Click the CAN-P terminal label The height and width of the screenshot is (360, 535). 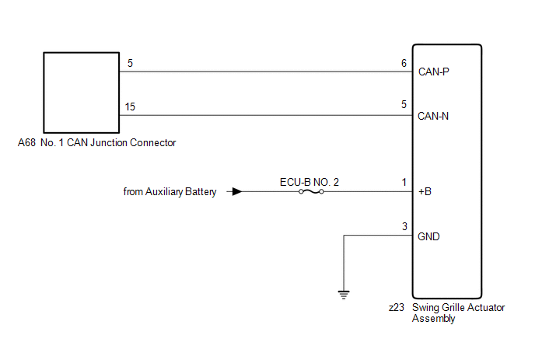coord(433,72)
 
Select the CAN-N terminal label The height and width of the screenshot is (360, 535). coord(433,117)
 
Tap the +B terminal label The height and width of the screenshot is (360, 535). coord(425,190)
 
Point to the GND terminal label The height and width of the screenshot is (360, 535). coord(428,236)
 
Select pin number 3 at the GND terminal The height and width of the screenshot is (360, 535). coord(404,227)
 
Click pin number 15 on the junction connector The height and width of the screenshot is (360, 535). coord(131,107)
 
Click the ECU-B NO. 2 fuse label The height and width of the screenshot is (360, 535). coord(309,182)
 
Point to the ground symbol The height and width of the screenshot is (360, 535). coord(344,294)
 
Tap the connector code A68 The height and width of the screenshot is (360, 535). coord(26,143)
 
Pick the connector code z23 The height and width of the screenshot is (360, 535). coord(397,308)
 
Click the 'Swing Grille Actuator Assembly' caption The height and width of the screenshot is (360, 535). coord(459,313)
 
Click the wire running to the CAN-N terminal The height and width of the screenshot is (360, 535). coord(264,117)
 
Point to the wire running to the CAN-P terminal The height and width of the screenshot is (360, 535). coord(264,72)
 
